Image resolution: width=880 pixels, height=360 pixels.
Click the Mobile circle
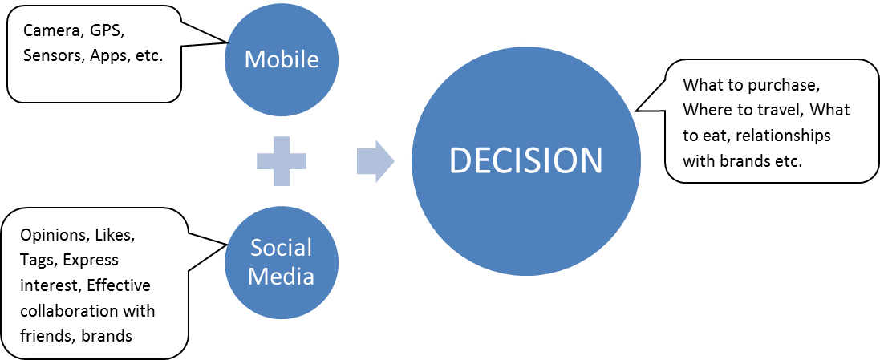pyautogui.click(x=281, y=59)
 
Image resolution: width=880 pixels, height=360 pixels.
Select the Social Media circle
pyautogui.click(x=281, y=261)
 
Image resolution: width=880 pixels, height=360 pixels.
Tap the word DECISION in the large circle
pyautogui.click(x=525, y=161)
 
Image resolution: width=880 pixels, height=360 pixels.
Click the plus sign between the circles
pyautogui.click(x=281, y=161)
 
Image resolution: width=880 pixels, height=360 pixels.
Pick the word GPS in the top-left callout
pyautogui.click(x=106, y=31)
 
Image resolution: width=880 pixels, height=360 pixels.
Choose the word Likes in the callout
pyautogui.click(x=116, y=236)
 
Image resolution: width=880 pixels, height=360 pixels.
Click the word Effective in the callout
pyautogui.click(x=119, y=285)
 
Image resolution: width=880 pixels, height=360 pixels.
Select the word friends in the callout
pyautogui.click(x=45, y=335)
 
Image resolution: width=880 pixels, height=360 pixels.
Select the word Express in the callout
pyautogui.click(x=91, y=261)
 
